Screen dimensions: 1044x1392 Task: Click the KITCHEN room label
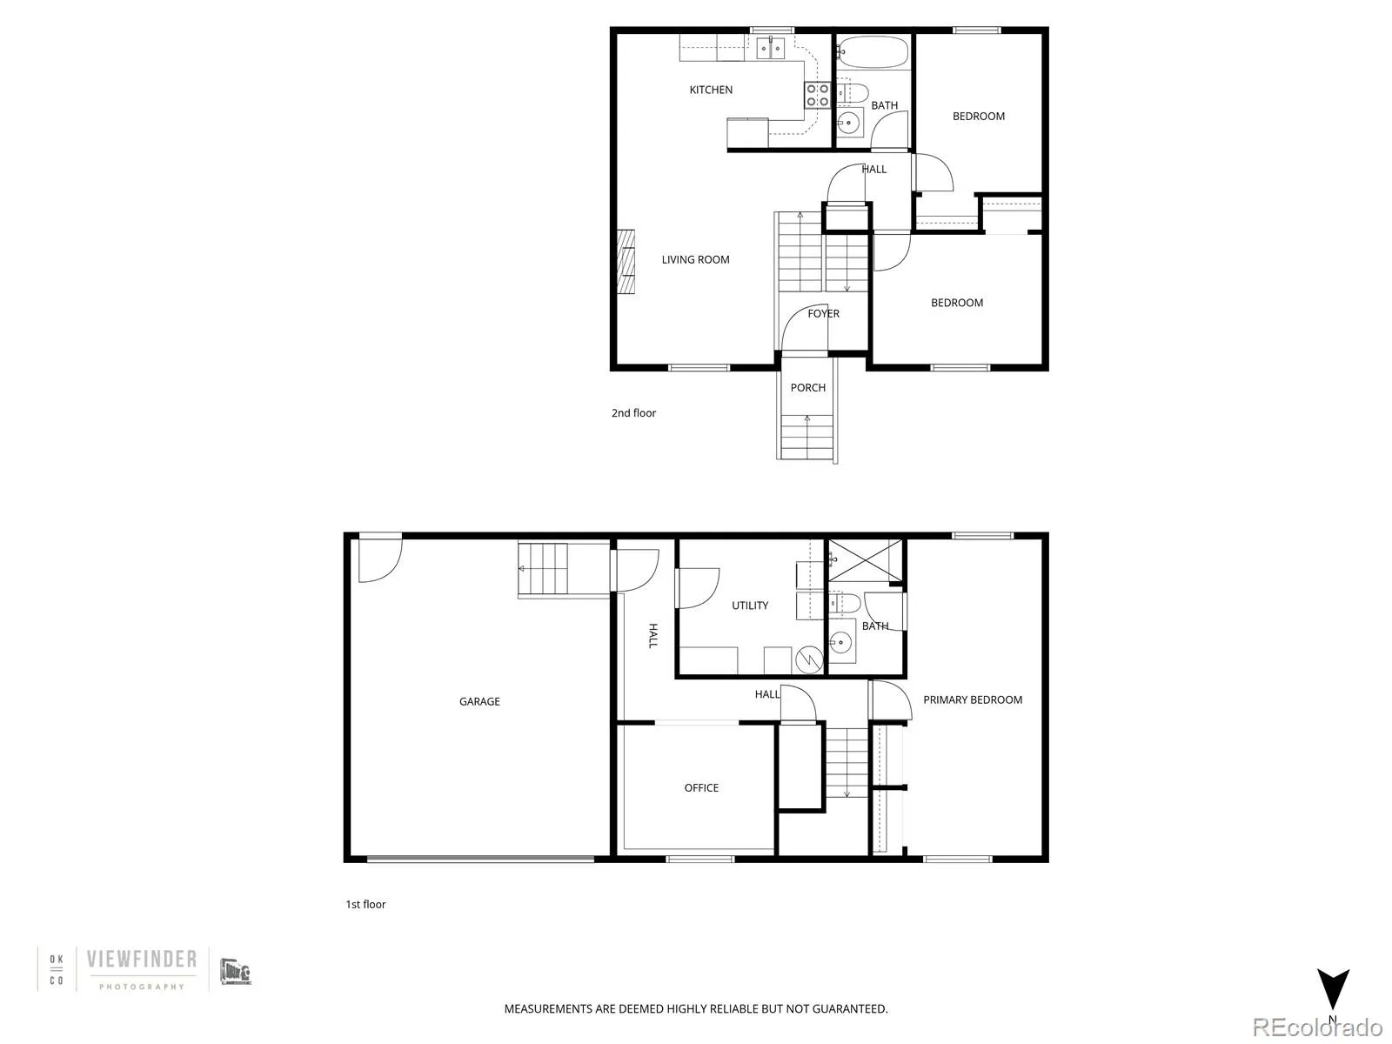pos(711,90)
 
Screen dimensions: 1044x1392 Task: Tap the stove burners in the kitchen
pos(817,95)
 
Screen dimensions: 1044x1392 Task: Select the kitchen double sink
pos(771,47)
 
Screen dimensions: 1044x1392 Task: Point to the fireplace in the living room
pos(626,264)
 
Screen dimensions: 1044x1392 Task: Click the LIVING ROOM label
pos(695,259)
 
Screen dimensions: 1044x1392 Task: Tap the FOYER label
pos(823,314)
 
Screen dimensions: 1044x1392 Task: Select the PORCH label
pos(807,388)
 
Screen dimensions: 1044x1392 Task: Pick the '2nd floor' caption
pos(633,413)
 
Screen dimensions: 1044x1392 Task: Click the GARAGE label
pos(479,701)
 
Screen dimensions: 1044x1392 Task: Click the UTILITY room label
pos(750,606)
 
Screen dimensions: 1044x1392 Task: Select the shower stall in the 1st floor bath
pos(865,560)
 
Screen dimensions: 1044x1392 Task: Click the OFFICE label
pos(701,788)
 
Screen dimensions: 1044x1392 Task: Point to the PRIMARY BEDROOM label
pos(973,699)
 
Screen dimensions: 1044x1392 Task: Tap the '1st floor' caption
pos(365,905)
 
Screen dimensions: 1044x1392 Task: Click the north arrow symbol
pos(1332,992)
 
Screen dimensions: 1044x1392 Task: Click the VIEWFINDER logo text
pos(141,960)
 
